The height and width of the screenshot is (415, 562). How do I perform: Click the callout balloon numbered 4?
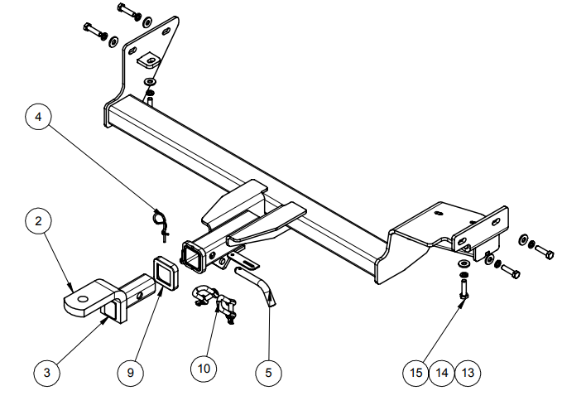point(38,117)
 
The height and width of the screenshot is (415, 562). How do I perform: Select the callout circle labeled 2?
point(38,221)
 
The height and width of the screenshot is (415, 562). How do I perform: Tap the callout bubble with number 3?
point(46,373)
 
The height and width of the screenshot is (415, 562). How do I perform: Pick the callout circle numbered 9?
point(130,373)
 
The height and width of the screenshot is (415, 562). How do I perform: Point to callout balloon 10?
point(204,368)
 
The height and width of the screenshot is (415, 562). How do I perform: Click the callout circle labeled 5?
point(268,373)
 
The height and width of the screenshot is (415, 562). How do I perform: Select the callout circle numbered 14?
point(442,373)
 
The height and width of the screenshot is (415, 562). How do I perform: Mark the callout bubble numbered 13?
point(468,373)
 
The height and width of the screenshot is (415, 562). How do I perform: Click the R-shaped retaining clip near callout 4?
point(161,221)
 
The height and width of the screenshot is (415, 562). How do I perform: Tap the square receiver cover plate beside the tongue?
point(164,273)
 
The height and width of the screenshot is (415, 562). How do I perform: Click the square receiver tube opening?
point(193,253)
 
